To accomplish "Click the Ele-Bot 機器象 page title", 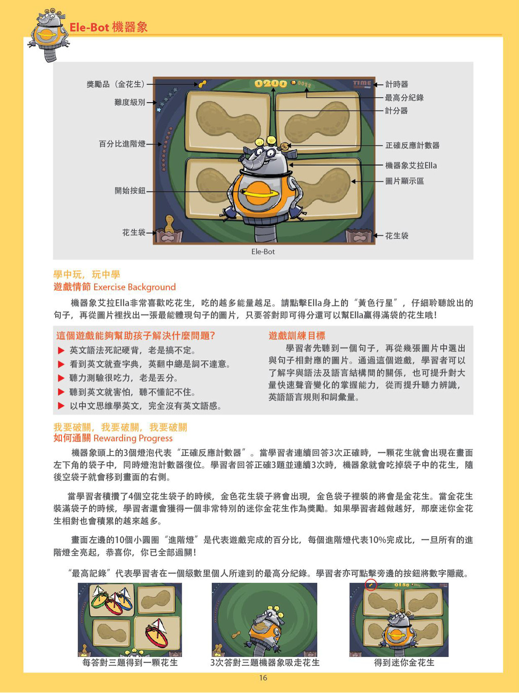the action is pos(108,27).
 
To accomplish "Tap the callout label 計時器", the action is pos(397,84).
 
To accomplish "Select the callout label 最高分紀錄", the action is pos(404,97).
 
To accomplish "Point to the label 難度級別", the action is pos(130,102).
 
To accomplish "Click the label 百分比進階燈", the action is pos(122,144).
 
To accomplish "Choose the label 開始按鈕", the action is pos(130,191).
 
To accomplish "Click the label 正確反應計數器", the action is pos(412,146).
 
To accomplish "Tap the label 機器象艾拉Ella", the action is pos(411,165).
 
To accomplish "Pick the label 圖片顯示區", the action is pos(404,181).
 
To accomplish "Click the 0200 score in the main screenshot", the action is pos(271,83).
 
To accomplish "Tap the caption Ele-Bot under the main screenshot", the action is pos(263,252).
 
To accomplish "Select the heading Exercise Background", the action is pos(135,287).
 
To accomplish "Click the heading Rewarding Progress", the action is pos(133,438).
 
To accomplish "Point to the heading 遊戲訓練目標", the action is pos(296,336).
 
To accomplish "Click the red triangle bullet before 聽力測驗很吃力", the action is pos(61,378).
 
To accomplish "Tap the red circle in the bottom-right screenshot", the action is pos(371,585).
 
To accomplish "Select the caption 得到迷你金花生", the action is pos(404,663).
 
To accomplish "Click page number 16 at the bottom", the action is pos(263,678).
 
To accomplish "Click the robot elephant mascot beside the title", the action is pos(49,36).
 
